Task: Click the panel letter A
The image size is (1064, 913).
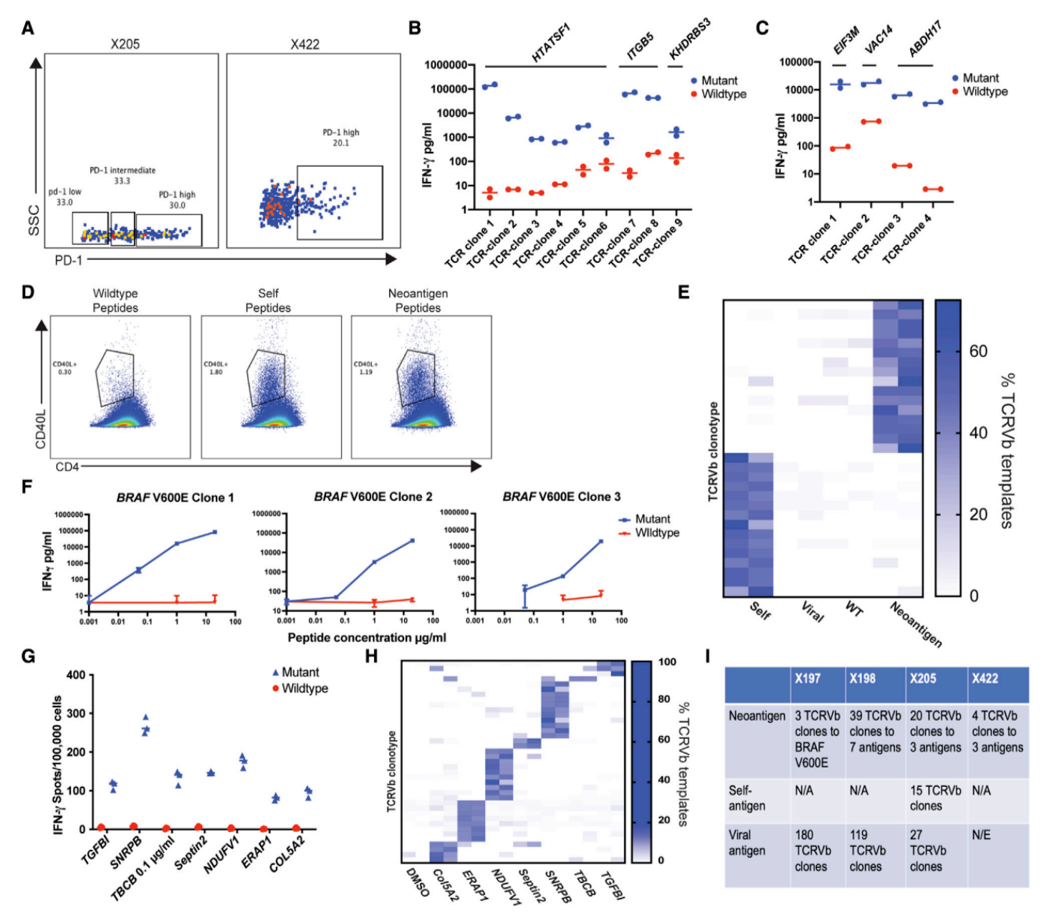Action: pos(28,28)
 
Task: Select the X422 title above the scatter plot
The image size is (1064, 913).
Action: pos(305,44)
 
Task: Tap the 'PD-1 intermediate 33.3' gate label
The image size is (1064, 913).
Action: pos(123,176)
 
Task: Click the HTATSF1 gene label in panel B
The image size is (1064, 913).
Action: pos(550,44)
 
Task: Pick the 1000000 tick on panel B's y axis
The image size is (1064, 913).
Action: pos(446,65)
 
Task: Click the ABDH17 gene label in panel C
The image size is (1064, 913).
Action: pos(924,40)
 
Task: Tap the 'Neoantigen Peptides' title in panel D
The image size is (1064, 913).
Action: pos(418,300)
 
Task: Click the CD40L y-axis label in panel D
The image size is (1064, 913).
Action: pos(41,430)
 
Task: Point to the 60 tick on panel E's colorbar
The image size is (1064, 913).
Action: pos(978,351)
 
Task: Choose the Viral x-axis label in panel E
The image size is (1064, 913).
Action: pos(813,612)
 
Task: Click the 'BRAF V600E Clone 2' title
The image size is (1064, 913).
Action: pos(373,497)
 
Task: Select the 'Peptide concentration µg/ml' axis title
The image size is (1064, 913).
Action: pos(366,637)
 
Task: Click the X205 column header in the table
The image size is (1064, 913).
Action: pos(923,679)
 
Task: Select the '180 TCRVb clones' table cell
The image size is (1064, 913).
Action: pos(813,851)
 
